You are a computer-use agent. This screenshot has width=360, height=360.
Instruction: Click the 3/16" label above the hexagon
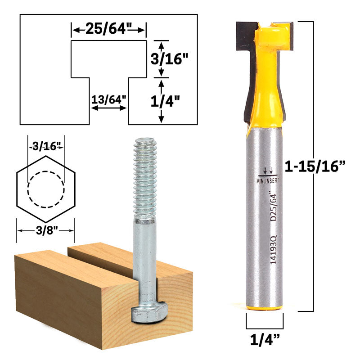45,146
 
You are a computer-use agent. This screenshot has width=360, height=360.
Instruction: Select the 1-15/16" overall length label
315,166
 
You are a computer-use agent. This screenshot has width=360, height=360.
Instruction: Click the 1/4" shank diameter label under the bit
265,337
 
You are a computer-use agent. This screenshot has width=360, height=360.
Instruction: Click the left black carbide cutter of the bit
244,36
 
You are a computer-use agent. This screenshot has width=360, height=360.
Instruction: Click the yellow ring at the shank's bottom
265,308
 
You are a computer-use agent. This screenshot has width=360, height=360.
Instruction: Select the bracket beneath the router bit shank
265,322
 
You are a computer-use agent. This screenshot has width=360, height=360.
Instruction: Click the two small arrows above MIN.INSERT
270,171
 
